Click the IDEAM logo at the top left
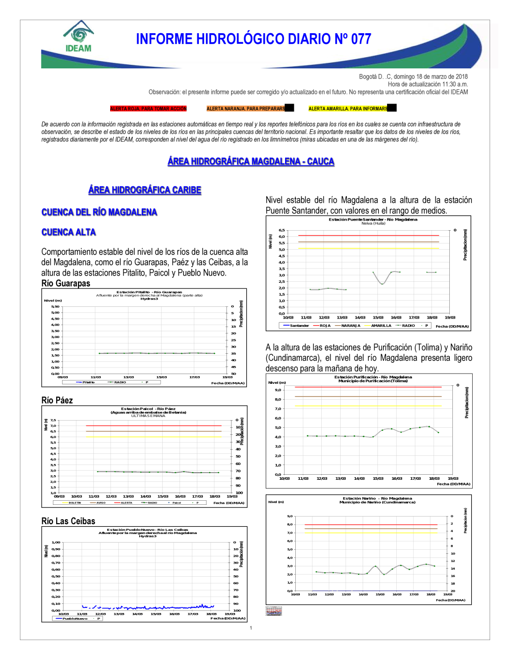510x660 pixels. coord(79,37)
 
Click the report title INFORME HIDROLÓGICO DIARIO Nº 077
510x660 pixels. coord(253,39)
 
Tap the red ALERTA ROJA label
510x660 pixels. coord(148,109)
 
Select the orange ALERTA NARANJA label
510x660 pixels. coord(246,109)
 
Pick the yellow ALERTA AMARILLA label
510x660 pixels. coord(348,109)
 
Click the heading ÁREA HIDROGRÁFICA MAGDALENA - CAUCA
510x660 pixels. coord(251,161)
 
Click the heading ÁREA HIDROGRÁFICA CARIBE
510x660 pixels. coord(145,190)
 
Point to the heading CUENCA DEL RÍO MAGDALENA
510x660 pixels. coord(99,212)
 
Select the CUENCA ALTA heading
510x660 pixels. coord(68,232)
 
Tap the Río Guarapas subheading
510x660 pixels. coord(66,283)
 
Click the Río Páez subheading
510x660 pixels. coord(57,400)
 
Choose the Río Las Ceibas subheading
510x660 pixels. coord(68,521)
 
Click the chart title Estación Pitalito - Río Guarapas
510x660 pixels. coord(149,292)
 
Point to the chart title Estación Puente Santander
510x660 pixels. coord(373,219)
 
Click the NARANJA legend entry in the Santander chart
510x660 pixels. coord(350,326)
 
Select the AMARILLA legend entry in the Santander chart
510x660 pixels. coord(381,326)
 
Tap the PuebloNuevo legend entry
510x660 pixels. coord(74,618)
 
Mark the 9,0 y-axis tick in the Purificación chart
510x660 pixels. coord(278,390)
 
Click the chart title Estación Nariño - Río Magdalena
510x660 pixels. coord(377,498)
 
